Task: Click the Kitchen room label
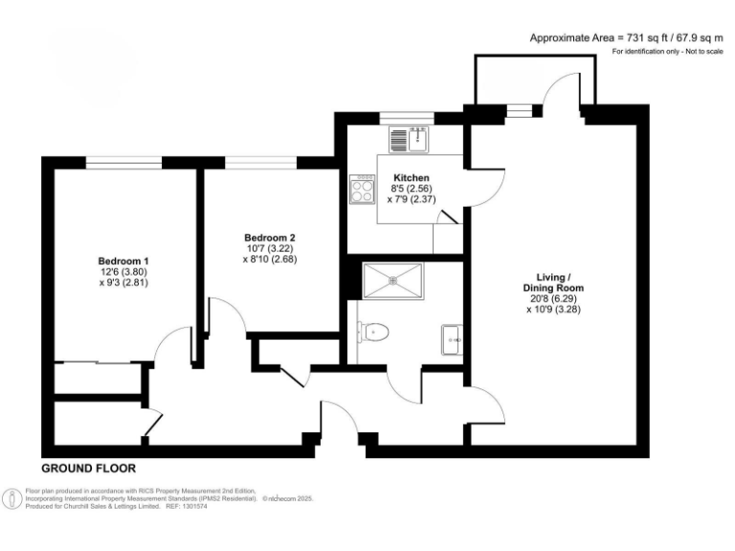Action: point(411,178)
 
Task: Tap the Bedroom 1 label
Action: point(123,260)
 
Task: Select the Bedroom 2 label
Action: point(269,237)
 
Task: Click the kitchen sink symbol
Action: point(418,140)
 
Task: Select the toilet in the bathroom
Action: point(374,332)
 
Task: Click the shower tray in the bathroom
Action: point(394,280)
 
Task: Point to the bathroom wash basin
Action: point(451,337)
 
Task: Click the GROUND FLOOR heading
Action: point(88,469)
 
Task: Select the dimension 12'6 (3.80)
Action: point(123,272)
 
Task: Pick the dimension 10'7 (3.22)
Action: point(269,249)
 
